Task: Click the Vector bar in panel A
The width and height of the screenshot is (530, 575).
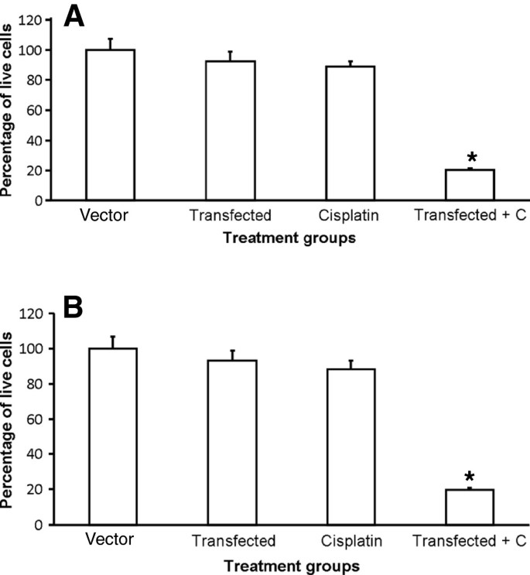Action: click(x=111, y=125)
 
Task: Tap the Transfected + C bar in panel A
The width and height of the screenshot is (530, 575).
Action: click(x=470, y=185)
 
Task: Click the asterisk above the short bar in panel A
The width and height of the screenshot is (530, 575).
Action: click(x=470, y=157)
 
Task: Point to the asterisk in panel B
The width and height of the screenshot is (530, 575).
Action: click(x=470, y=477)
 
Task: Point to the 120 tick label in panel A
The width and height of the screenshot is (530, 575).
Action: click(x=42, y=19)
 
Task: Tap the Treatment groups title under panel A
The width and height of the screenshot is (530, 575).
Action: click(x=289, y=238)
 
